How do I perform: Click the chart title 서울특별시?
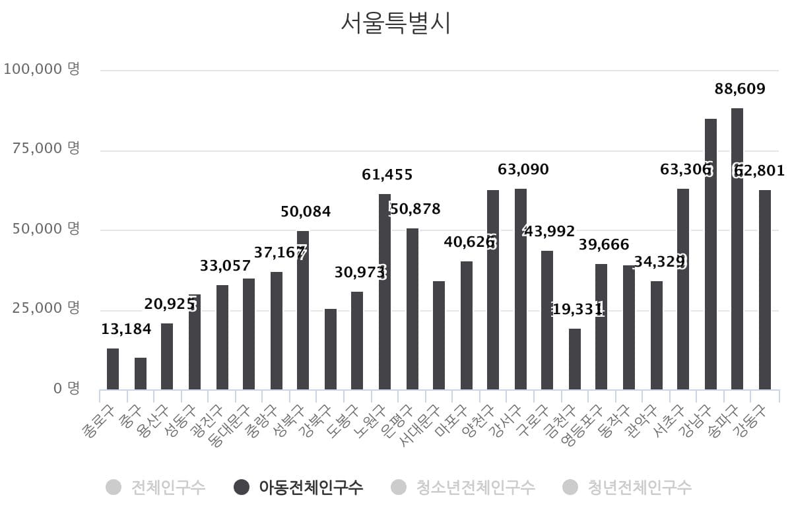pos(395,23)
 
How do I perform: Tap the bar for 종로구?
pos(113,369)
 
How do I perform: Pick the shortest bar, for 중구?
pos(141,374)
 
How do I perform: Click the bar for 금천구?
pos(575,359)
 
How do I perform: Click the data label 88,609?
pos(740,88)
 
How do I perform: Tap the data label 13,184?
pos(126,329)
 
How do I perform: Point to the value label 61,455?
pos(387,175)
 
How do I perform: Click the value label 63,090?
pos(523,170)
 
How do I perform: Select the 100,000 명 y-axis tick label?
pos(42,69)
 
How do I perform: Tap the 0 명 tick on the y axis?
pos(66,388)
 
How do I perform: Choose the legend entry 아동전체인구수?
pos(310,488)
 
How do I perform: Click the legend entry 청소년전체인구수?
pos(475,488)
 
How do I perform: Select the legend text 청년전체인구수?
pos(639,488)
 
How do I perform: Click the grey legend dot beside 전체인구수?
pos(114,488)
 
